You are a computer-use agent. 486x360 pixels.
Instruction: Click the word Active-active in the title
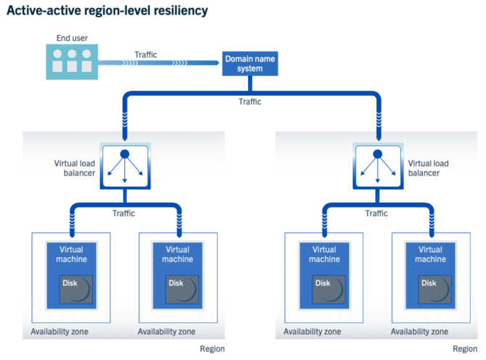(40, 11)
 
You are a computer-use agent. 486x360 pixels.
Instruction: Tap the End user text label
(72, 38)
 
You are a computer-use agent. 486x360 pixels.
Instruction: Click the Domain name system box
(249, 63)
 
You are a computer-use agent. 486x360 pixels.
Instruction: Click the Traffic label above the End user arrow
(145, 54)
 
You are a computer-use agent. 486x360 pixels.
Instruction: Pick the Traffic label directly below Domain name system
(250, 102)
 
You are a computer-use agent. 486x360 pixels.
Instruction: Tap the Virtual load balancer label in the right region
(428, 168)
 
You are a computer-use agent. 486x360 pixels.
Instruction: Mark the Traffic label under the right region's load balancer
(376, 213)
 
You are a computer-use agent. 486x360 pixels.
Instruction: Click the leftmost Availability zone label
(59, 332)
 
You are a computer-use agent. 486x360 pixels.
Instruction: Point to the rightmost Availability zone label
(419, 332)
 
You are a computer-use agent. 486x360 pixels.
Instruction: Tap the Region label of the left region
(213, 349)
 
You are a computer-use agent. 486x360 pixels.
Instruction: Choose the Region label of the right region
(466, 349)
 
